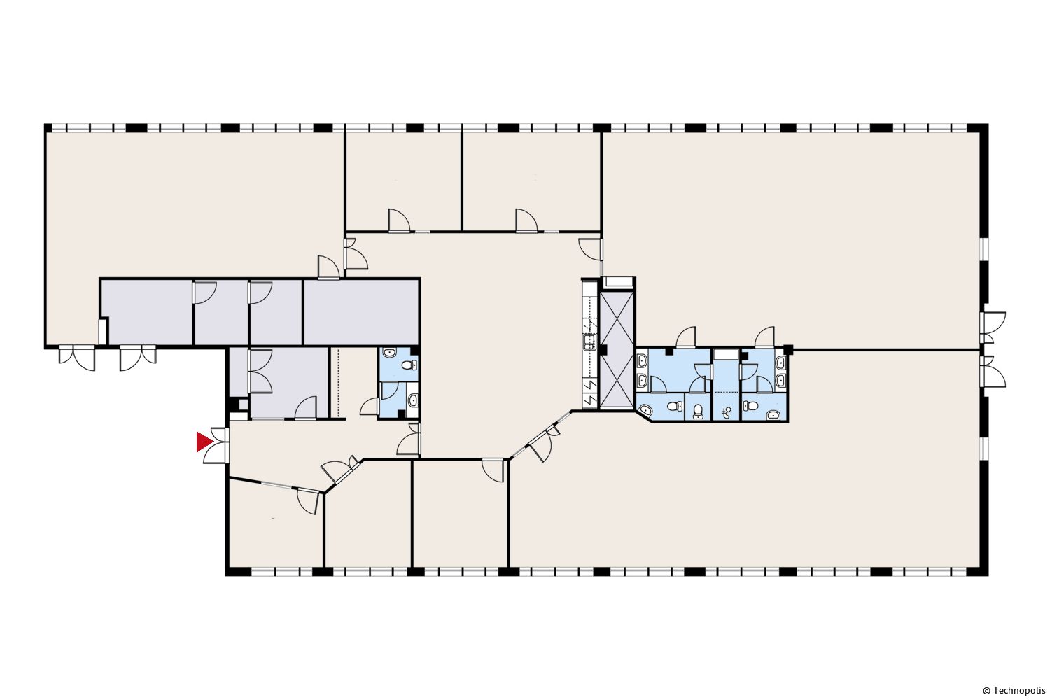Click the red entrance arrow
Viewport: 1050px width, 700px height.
[204, 442]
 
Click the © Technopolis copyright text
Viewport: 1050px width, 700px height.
[1014, 690]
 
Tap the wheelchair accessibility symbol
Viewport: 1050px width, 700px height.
[727, 412]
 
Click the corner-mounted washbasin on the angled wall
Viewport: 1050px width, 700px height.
[646, 412]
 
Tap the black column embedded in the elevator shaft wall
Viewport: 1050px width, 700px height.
[604, 349]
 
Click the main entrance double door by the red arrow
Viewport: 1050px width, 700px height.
[218, 446]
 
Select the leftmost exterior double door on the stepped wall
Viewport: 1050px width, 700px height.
[77, 358]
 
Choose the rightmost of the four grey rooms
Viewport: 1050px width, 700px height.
[361, 312]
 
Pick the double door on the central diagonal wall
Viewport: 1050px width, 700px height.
[542, 442]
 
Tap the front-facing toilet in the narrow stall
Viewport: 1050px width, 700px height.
[699, 411]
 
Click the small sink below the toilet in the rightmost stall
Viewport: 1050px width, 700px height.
[773, 414]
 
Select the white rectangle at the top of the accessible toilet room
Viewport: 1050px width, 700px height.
[726, 354]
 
